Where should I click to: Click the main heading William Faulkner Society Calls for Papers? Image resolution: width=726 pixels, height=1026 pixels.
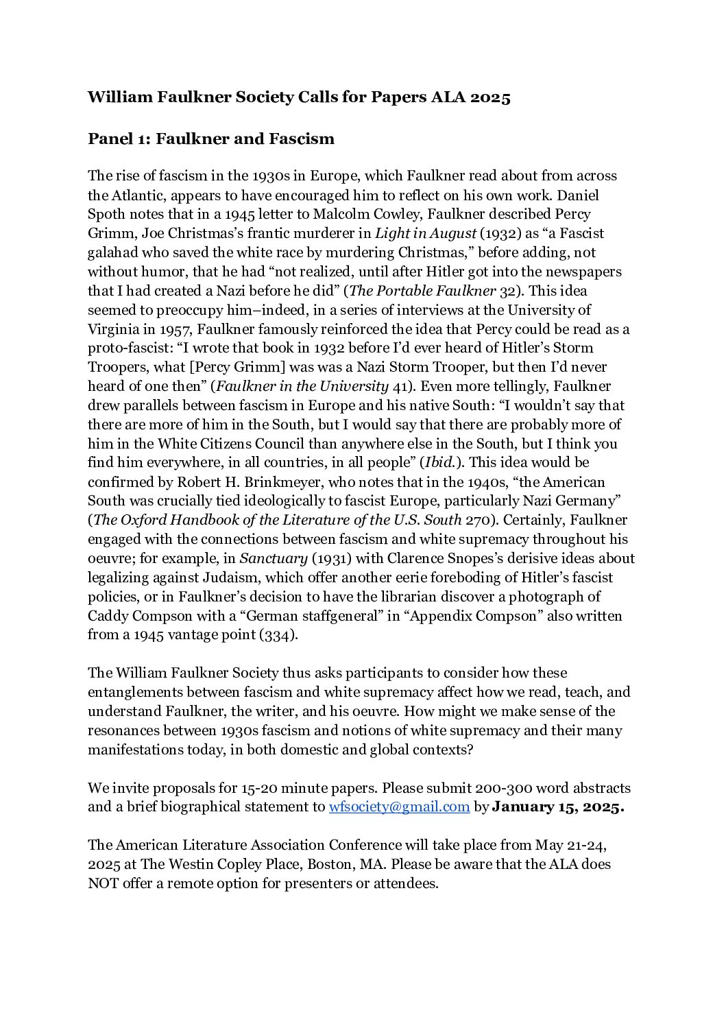click(299, 97)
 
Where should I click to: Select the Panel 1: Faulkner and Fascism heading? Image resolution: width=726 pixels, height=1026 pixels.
click(211, 139)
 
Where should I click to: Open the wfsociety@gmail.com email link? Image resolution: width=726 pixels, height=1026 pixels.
click(400, 807)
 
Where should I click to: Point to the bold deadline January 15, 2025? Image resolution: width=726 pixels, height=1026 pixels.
click(558, 807)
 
